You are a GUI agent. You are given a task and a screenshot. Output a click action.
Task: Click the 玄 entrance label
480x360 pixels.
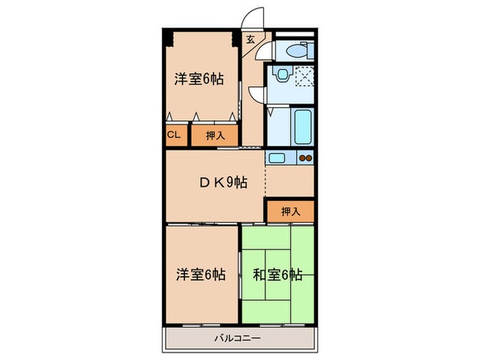coord(250,39)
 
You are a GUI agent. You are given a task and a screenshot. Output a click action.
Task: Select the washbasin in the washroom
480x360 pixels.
coord(281,74)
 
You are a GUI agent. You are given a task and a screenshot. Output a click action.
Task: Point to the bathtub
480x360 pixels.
coord(302,125)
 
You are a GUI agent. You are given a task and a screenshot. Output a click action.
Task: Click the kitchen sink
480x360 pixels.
coord(278,158)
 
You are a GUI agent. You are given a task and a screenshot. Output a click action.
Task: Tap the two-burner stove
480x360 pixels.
coord(305,158)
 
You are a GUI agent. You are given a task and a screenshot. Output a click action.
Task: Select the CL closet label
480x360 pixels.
coord(174,135)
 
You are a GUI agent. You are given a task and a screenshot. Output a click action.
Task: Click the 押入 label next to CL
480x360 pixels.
coord(215,136)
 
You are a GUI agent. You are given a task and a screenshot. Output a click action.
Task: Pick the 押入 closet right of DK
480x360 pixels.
coord(291,211)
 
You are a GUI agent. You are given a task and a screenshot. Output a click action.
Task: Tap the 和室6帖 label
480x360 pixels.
coord(277,275)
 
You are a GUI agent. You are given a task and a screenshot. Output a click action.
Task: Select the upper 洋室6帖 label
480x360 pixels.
coord(198,80)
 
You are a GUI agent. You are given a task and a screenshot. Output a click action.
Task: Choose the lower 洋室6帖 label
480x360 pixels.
coord(200,275)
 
